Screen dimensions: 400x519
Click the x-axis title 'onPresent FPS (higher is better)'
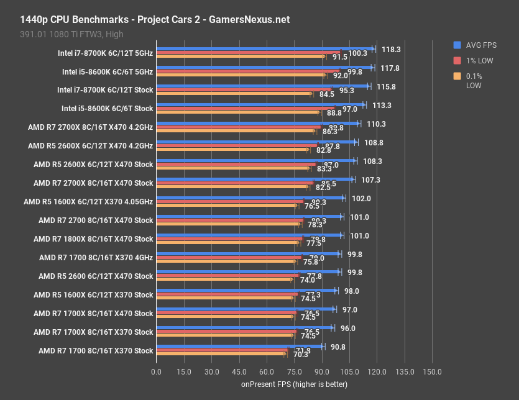click(294, 384)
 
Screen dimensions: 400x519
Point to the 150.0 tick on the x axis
click(432, 371)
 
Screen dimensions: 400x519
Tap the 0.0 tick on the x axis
click(157, 371)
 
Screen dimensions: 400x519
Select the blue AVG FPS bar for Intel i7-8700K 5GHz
click(264, 48)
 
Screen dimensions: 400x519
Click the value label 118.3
click(391, 49)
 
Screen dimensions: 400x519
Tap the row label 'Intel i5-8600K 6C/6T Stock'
click(107, 109)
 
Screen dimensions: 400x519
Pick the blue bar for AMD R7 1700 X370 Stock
click(239, 347)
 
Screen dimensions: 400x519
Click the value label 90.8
click(338, 347)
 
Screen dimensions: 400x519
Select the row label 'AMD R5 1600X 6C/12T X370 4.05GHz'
click(88, 202)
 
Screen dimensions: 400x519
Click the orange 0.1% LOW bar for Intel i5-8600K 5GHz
click(241, 75)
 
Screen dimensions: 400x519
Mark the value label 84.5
click(327, 94)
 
